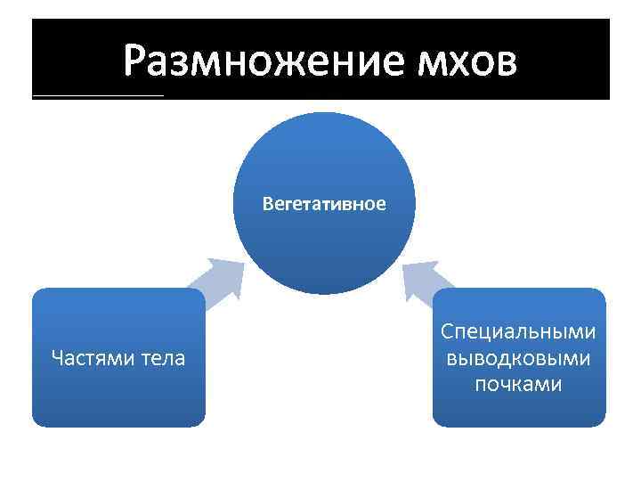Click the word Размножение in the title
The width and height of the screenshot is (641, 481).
coord(264,60)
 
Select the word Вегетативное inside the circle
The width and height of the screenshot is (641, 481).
coord(324,204)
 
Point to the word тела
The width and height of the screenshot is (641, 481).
coord(161,358)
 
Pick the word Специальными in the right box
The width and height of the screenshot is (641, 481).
coord(518,332)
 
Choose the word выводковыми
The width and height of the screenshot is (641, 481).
coord(518,358)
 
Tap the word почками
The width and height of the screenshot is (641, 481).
coord(518,384)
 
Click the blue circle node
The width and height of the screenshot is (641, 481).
coord(324,160)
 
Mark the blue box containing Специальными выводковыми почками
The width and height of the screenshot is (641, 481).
coord(518,410)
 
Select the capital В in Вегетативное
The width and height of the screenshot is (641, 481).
coord(267,204)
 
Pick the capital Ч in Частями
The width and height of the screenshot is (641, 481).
coord(58,358)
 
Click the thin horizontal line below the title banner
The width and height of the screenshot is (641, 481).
coord(98,94)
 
